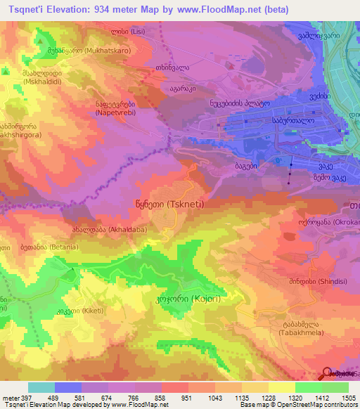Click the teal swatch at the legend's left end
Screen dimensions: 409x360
tap(41, 387)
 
